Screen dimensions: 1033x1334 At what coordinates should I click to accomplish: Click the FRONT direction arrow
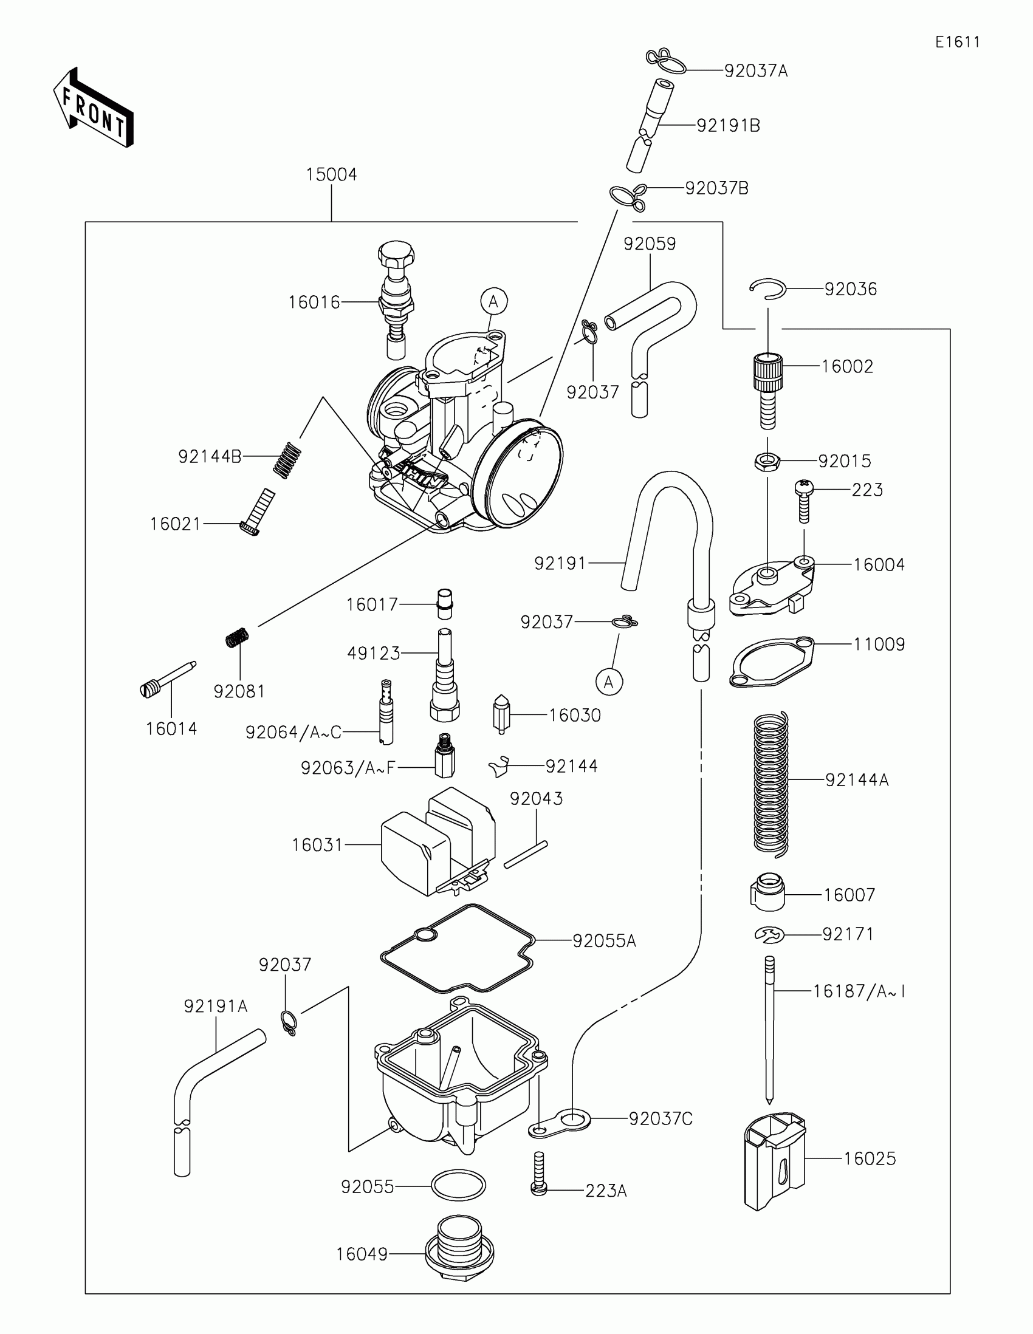click(x=94, y=108)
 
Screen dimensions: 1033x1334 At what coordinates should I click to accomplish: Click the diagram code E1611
click(x=957, y=42)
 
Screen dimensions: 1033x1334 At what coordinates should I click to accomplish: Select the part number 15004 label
click(x=331, y=175)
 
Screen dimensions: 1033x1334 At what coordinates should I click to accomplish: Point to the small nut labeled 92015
click(x=767, y=461)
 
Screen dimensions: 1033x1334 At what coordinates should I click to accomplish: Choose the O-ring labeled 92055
click(x=458, y=1186)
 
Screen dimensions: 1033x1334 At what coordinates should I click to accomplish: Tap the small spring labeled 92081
click(x=237, y=638)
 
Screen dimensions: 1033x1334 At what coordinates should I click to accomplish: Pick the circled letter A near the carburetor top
click(x=493, y=301)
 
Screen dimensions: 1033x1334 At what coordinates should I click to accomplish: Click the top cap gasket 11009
click(x=772, y=662)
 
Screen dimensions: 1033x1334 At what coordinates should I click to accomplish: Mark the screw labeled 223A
click(x=538, y=1173)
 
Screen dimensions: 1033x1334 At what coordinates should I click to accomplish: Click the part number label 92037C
click(x=661, y=1118)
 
